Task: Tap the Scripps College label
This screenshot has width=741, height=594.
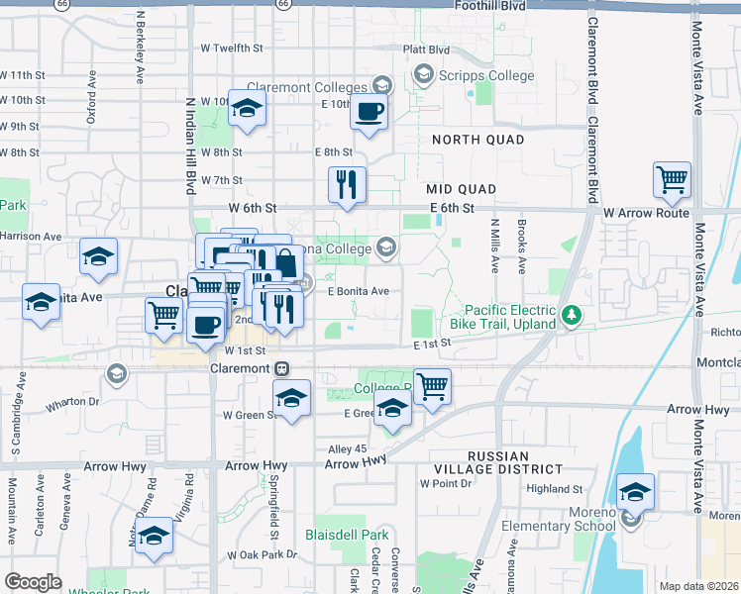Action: [485, 74]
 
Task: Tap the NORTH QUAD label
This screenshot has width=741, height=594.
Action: [477, 140]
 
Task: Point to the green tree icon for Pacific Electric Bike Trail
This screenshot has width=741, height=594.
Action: [571, 316]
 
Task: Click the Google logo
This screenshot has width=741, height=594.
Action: [33, 582]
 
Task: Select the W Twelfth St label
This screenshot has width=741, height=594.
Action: [233, 47]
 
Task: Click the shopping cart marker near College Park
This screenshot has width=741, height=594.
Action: [432, 387]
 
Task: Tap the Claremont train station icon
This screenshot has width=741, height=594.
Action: [282, 368]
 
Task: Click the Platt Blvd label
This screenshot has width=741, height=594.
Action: [426, 49]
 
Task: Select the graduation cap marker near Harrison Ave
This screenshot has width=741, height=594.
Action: [98, 257]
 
